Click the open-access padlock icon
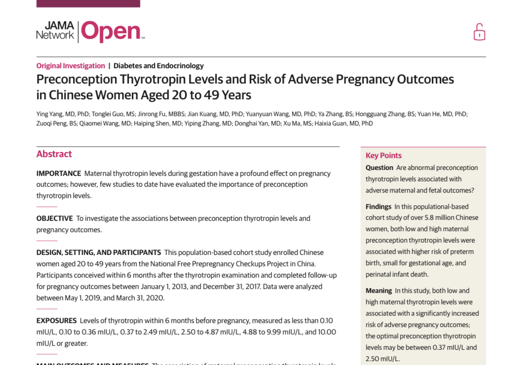[x=479, y=32]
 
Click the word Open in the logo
[x=111, y=32]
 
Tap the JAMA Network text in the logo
[x=55, y=31]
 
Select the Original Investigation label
[x=71, y=66]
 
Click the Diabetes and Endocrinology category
[x=158, y=66]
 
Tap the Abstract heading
[x=54, y=154]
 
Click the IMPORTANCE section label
[x=59, y=173]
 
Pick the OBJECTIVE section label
[x=54, y=218]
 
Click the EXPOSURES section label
[x=56, y=321]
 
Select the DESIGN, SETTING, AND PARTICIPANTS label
[x=99, y=252]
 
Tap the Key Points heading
[x=383, y=156]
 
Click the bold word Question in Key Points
[x=379, y=168]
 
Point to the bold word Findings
[x=378, y=206]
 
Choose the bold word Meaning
[x=378, y=290]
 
